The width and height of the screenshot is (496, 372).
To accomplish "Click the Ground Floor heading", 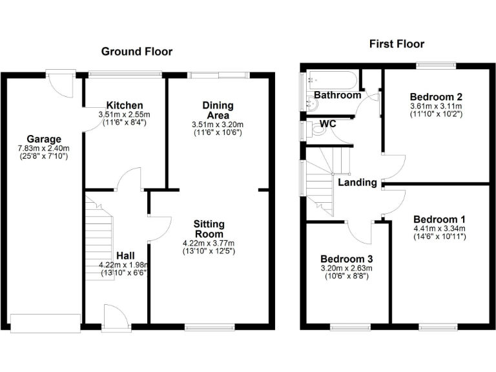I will (136, 52).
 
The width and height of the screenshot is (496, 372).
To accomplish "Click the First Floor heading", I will (397, 44).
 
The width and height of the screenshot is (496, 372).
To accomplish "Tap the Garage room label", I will (44, 139).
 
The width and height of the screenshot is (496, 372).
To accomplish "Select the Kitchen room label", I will (125, 105).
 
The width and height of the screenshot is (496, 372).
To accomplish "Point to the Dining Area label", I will (218, 110).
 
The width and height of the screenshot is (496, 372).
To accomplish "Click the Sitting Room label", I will (209, 229).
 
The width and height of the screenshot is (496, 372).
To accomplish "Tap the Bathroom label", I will (338, 96).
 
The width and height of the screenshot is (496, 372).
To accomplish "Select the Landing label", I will (357, 182).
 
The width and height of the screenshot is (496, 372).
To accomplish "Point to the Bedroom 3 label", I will (346, 258).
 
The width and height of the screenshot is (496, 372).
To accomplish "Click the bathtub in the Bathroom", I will (330, 81).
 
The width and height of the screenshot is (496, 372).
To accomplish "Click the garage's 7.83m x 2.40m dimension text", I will (43, 148).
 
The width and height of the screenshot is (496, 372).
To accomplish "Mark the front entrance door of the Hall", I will (116, 318).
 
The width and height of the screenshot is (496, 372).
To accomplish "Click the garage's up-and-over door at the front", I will (45, 322).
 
